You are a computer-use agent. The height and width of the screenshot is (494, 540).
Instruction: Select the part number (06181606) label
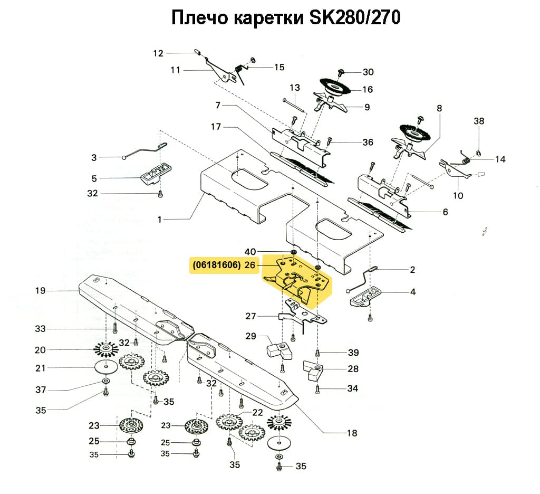217,265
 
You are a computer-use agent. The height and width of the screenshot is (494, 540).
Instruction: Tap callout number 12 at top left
159,53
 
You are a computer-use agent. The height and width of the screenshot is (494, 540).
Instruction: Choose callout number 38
479,121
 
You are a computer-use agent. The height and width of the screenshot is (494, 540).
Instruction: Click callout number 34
352,388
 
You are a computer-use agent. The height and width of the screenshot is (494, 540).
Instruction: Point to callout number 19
41,290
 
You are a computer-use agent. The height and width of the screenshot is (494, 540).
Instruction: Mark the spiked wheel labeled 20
108,349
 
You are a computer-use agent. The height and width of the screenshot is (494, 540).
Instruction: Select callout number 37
41,390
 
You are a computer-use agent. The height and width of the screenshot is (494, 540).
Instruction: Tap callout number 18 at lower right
352,433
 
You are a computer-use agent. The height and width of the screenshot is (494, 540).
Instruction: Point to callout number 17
215,127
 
